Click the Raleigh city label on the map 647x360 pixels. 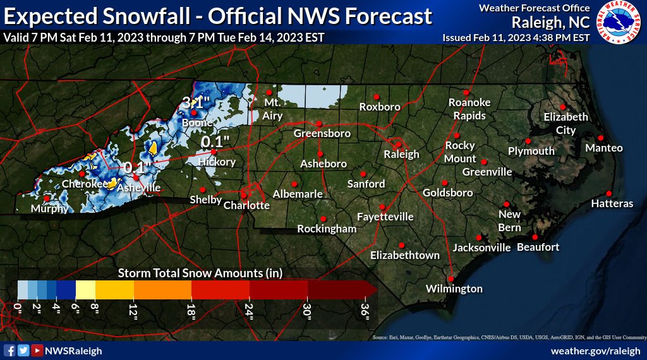[401, 154]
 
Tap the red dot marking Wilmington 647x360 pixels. [451, 278]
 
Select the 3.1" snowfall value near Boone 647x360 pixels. [195, 102]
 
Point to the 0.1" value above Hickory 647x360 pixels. [215, 141]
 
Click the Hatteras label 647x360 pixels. [612, 203]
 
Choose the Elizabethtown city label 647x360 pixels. [404, 255]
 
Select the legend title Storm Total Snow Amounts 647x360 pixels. [200, 273]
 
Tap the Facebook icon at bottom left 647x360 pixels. [9, 351]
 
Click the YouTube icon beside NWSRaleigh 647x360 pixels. [37, 351]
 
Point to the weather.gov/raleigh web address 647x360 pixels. [596, 351]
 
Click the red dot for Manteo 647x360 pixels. [600, 138]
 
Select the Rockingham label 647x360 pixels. [327, 229]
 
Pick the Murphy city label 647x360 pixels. [49, 208]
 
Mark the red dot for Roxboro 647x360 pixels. [376, 97]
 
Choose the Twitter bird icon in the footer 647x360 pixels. [23, 351]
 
